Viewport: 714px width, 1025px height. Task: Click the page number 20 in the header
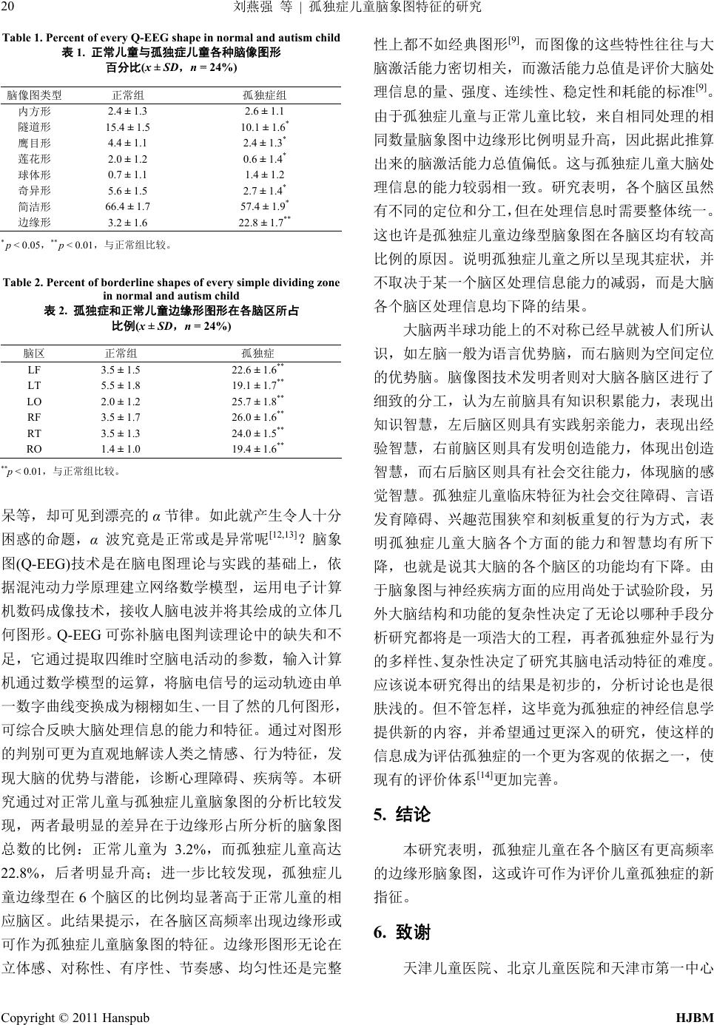(x=10, y=7)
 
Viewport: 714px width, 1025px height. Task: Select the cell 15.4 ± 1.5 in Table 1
(x=127, y=127)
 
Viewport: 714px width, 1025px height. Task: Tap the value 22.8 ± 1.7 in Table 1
(x=263, y=222)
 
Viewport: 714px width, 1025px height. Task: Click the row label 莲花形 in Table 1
(x=35, y=159)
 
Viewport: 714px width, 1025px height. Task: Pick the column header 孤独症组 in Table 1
(x=265, y=95)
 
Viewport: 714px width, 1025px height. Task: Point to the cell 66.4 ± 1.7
(x=127, y=206)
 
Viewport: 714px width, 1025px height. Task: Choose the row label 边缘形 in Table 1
(x=35, y=222)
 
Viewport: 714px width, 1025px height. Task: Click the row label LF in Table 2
(x=34, y=370)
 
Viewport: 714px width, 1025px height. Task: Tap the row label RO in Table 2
(x=34, y=449)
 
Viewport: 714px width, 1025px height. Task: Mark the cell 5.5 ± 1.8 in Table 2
(x=120, y=385)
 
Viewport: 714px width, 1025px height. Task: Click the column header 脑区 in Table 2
(x=34, y=352)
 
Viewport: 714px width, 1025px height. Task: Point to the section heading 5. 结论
(x=402, y=816)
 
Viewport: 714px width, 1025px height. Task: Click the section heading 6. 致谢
(x=402, y=933)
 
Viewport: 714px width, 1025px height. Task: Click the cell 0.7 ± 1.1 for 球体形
(x=127, y=175)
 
